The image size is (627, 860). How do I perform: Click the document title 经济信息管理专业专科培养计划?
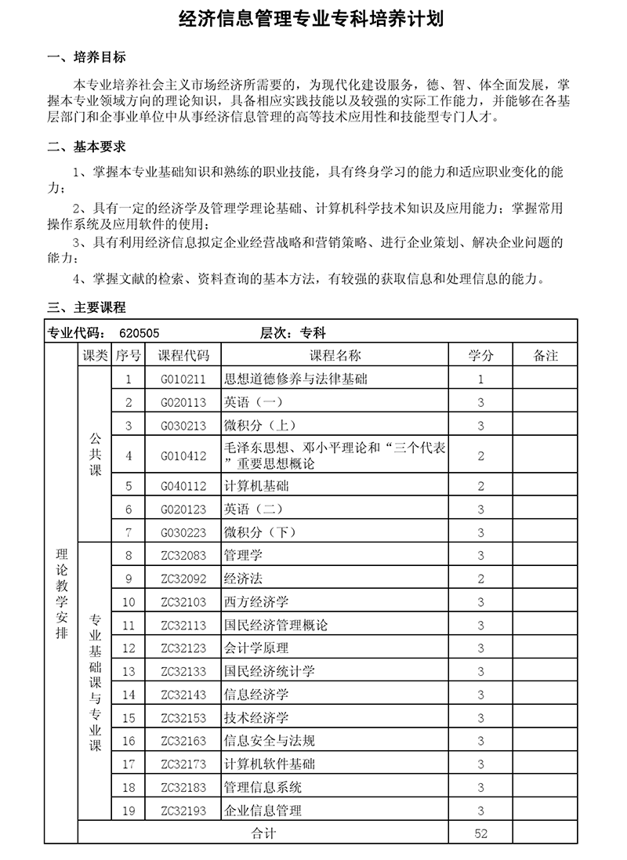coord(313,19)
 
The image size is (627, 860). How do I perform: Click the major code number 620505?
coord(140,332)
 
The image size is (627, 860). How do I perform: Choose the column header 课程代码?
coord(184,355)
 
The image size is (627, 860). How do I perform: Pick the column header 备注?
coord(545,355)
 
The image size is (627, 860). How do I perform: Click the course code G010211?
coord(184,379)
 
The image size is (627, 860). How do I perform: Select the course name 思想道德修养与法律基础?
coord(295,379)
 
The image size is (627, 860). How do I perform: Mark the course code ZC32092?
coord(184,579)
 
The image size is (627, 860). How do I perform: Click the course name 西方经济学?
coord(256,602)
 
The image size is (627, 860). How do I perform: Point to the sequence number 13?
coord(129,671)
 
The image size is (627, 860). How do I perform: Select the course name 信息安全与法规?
coord(270,741)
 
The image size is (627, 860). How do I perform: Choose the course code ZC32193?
coord(184,811)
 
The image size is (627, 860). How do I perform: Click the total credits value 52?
coord(481,833)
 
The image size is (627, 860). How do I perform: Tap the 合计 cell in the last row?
coord(263,833)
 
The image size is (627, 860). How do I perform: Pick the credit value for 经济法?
coord(481,579)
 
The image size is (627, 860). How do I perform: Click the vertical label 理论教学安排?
coord(62,592)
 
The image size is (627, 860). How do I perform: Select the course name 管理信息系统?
coord(263,787)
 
